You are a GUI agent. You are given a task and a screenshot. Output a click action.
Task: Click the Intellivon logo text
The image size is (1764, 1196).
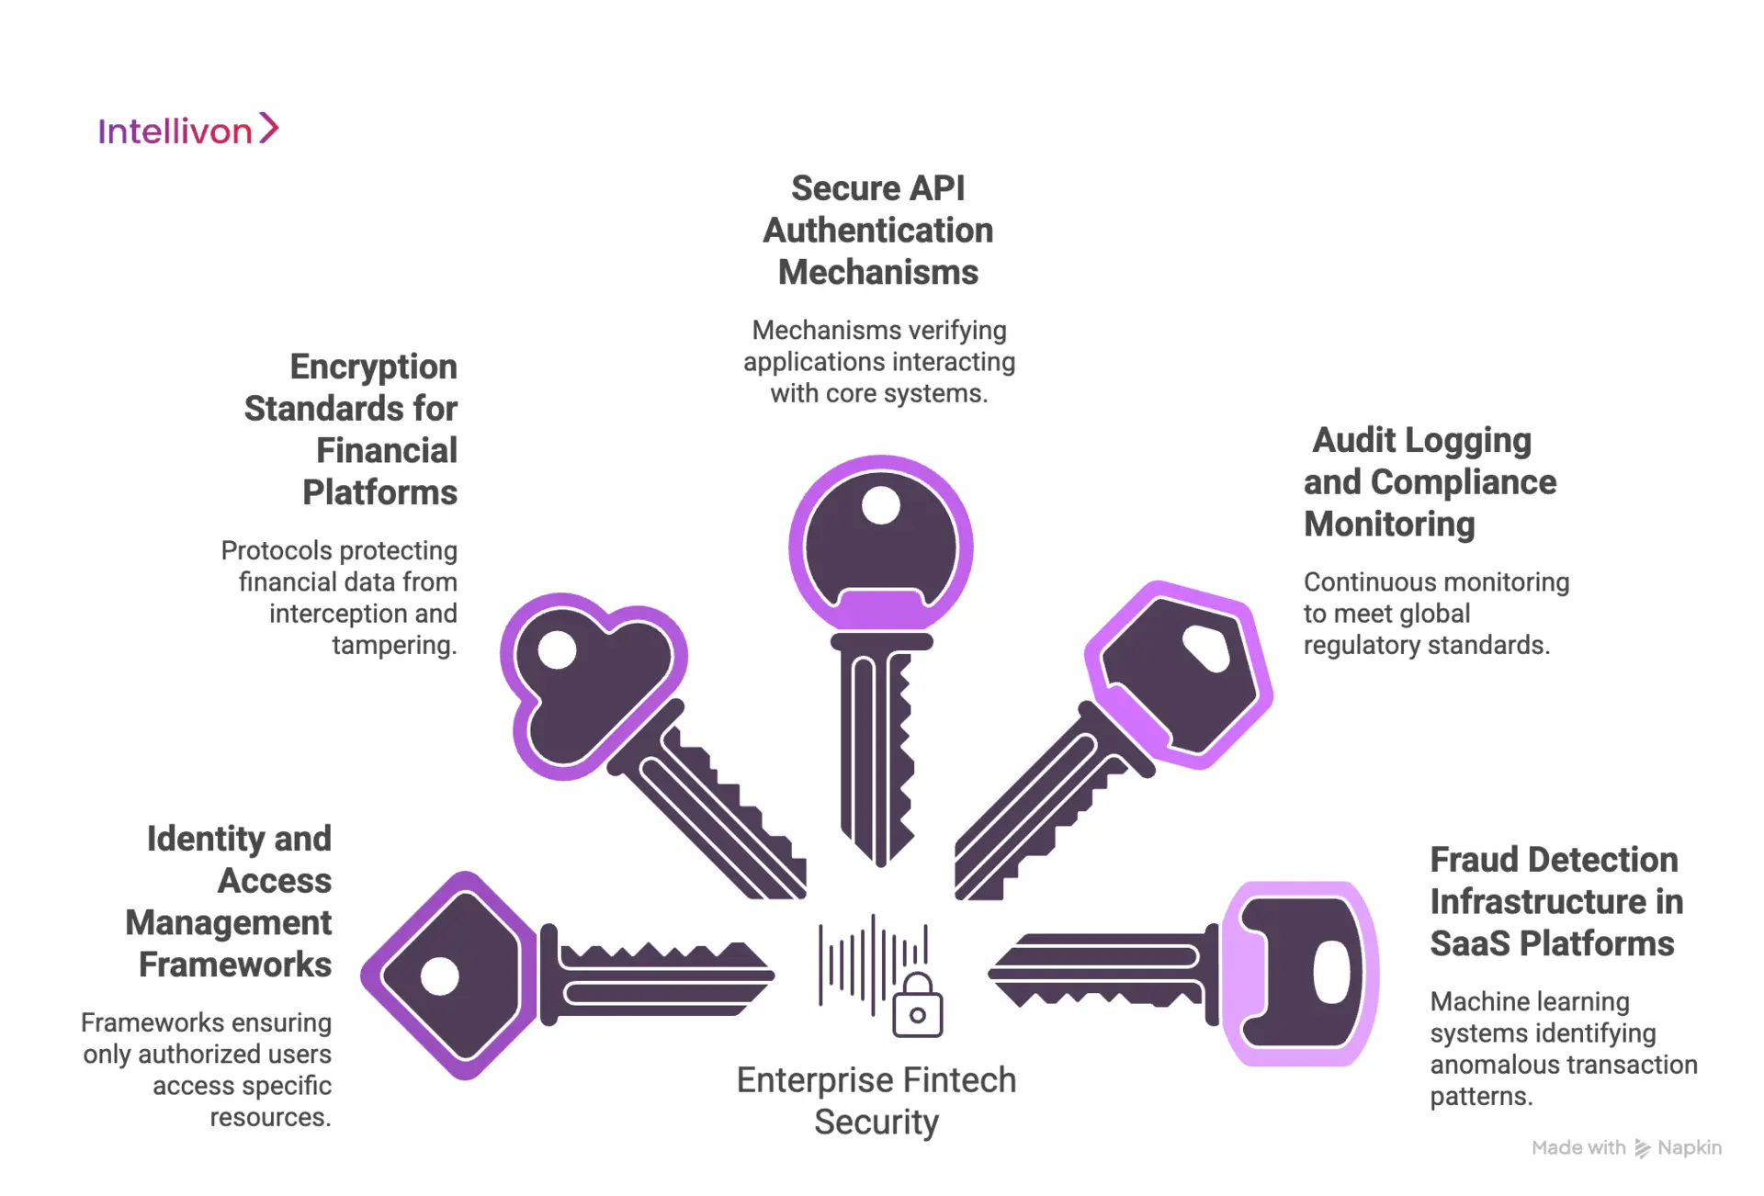[x=175, y=131]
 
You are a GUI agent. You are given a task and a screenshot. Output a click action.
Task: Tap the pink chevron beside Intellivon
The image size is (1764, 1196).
[x=268, y=128]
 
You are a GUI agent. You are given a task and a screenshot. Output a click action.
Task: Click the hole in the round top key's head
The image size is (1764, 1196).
[x=881, y=505]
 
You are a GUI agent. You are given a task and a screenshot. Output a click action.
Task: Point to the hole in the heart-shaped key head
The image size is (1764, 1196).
[x=557, y=650]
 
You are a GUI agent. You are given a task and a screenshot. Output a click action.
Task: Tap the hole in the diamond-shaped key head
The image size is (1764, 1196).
[x=439, y=976]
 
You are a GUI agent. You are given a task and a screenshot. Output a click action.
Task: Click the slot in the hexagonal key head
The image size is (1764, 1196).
[x=1205, y=648]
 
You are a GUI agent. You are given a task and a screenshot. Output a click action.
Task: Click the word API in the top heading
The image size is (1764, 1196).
[x=937, y=188]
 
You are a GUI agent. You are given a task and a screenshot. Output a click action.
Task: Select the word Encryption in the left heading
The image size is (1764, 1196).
[x=373, y=367]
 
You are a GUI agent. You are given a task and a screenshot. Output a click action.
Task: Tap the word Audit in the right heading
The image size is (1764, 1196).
[x=1353, y=440]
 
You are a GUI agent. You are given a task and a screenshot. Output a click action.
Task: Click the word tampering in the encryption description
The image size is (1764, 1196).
[x=393, y=645]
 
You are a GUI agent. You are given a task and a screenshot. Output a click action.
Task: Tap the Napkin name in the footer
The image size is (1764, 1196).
[x=1689, y=1147]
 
